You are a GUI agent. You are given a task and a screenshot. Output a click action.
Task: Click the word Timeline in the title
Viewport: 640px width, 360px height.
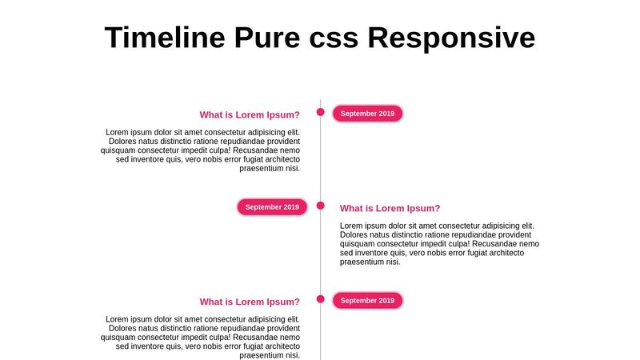(164, 38)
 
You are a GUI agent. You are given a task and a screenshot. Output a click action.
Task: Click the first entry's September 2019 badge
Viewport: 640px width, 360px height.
(367, 114)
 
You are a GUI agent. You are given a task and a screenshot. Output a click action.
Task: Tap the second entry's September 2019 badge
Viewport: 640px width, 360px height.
(272, 207)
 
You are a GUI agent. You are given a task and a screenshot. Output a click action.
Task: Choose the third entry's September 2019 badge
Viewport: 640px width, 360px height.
(367, 301)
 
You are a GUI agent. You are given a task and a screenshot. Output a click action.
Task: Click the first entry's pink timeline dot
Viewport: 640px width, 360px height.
(321, 112)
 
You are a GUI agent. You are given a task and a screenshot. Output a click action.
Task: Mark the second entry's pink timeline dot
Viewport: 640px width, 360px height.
(321, 206)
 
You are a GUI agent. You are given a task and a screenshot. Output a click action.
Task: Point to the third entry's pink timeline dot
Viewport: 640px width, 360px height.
(321, 299)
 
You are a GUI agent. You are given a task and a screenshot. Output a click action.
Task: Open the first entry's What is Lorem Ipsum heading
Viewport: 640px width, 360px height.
(250, 115)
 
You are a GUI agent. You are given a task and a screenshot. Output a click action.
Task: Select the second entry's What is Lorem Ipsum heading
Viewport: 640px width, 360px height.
(390, 209)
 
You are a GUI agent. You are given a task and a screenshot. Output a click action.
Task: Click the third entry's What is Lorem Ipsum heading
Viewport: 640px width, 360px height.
(250, 302)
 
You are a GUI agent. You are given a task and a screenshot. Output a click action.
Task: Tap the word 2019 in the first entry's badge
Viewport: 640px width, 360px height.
(386, 114)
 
